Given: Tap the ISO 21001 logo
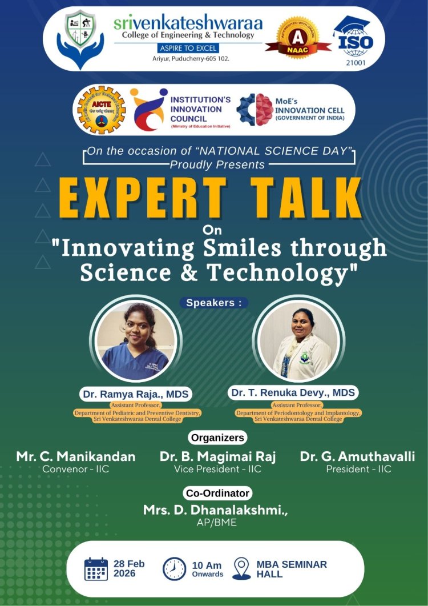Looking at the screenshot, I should pyautogui.click(x=353, y=38).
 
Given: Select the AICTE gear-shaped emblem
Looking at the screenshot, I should pyautogui.click(x=101, y=110).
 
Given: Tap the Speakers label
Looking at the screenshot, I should pyautogui.click(x=214, y=303).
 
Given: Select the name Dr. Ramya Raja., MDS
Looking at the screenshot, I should pyautogui.click(x=136, y=394).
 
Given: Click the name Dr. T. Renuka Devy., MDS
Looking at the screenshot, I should pyautogui.click(x=293, y=392).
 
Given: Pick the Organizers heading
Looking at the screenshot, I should pyautogui.click(x=217, y=438).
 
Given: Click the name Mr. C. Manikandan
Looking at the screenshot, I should pyautogui.click(x=76, y=456).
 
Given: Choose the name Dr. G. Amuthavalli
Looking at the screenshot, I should pyautogui.click(x=358, y=456).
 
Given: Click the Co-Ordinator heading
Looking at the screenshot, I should pyautogui.click(x=218, y=493).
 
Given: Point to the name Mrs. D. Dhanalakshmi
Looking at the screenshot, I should pyautogui.click(x=216, y=510).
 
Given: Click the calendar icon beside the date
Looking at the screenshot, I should pyautogui.click(x=96, y=569).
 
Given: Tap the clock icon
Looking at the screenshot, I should pyautogui.click(x=174, y=569).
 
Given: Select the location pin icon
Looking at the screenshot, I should pyautogui.click(x=241, y=569).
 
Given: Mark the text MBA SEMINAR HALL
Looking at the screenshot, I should pyautogui.click(x=292, y=569).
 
